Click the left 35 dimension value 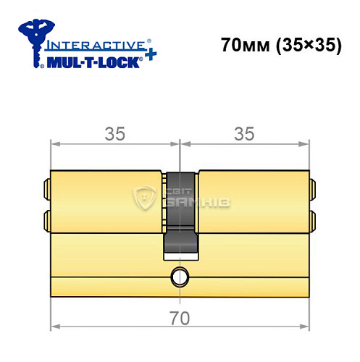coord(114,133)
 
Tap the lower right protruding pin coord(313,219)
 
